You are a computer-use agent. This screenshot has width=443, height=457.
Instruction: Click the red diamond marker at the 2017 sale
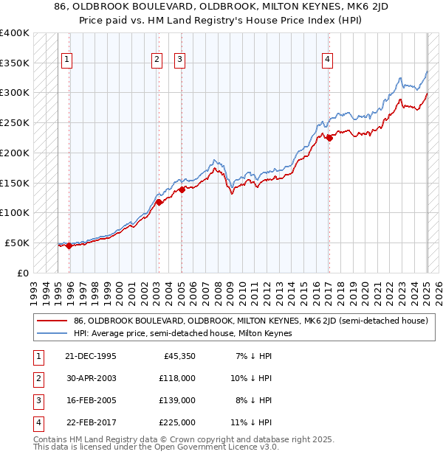click(329, 138)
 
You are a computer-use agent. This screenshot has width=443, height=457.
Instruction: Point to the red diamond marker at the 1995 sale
click(69, 245)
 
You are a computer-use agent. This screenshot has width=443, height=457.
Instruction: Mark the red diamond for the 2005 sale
click(182, 189)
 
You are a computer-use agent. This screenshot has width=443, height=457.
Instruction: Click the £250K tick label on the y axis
click(14, 122)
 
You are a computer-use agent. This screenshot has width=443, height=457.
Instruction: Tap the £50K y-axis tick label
click(17, 243)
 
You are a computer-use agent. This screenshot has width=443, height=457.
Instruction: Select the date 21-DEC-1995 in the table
click(90, 356)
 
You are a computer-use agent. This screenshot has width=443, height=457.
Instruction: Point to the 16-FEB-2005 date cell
click(90, 400)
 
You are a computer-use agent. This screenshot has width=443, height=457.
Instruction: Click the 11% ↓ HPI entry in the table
click(255, 422)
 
